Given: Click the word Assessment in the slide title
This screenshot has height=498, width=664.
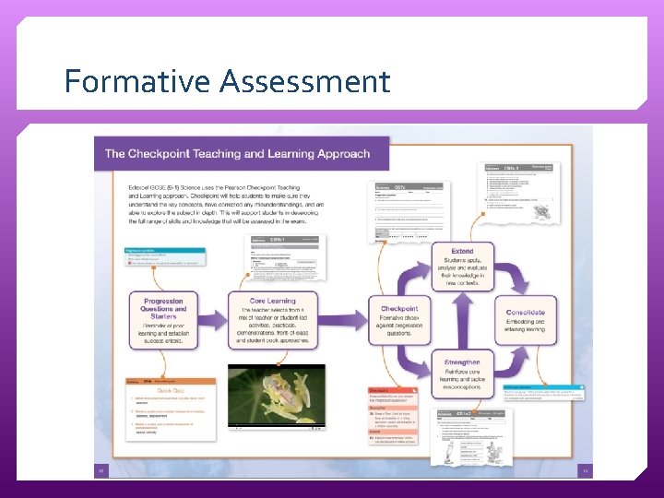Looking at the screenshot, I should point(304,81).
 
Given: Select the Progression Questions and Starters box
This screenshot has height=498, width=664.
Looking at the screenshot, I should point(162,320).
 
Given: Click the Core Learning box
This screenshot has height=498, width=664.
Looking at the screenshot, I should point(273,320).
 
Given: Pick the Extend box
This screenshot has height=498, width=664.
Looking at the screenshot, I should point(462,267).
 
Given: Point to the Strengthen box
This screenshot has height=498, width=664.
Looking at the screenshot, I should point(462,373).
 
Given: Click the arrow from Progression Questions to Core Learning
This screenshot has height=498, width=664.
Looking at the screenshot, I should point(213,321).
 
